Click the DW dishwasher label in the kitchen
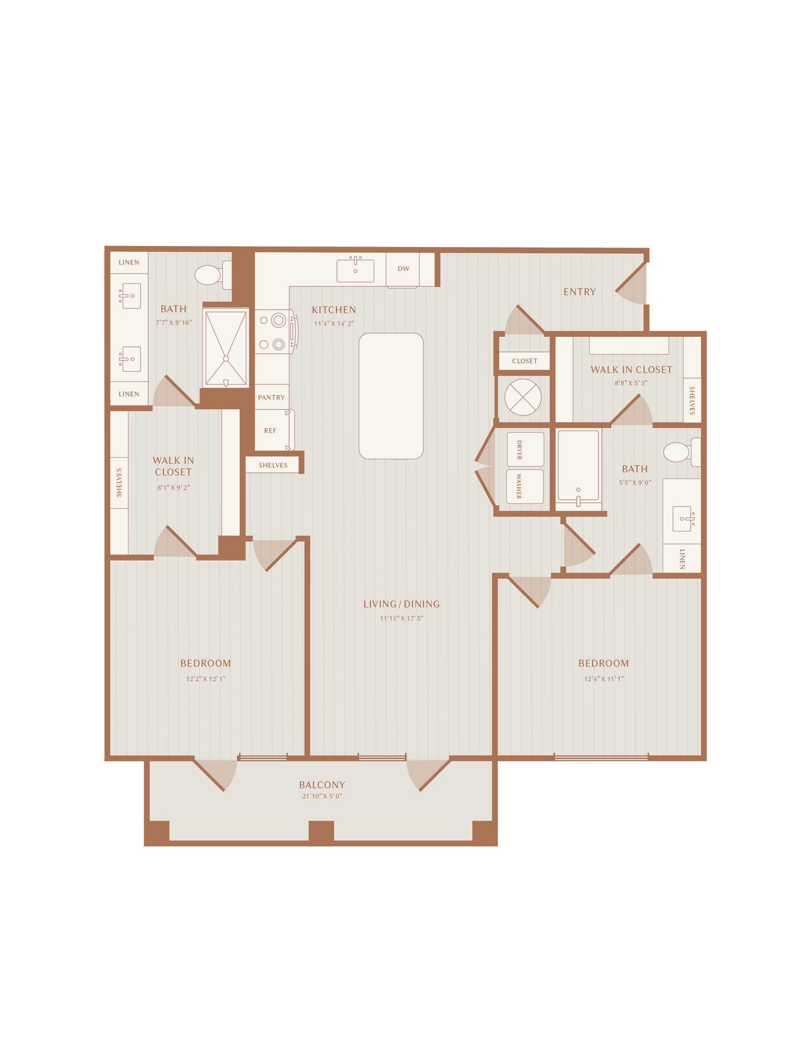(x=403, y=269)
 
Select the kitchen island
(x=391, y=396)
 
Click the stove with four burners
(x=276, y=332)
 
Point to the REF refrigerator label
(x=270, y=431)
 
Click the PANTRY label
(x=271, y=397)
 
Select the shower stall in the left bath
(x=226, y=348)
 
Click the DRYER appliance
(x=525, y=449)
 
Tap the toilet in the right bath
(x=682, y=452)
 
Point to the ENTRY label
(x=579, y=292)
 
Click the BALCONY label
(x=322, y=785)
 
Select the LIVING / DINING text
(x=401, y=604)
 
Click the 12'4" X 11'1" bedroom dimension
(x=604, y=679)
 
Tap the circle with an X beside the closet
(x=523, y=397)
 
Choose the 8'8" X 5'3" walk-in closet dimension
(x=631, y=383)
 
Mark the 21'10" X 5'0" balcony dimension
(x=322, y=796)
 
